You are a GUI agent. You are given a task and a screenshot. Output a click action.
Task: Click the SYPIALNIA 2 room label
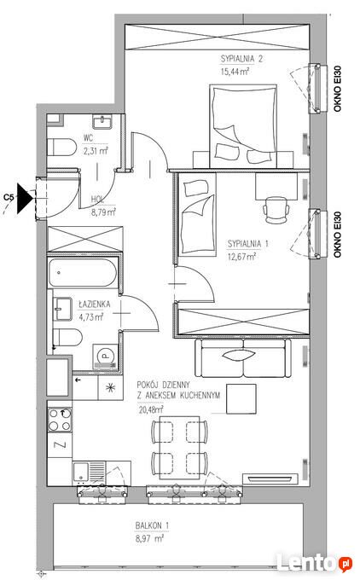(x=241, y=59)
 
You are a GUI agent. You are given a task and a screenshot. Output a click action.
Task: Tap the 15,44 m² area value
(x=235, y=71)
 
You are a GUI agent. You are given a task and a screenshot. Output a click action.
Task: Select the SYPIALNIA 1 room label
(x=248, y=244)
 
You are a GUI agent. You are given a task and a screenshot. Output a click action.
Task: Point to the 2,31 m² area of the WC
(x=96, y=151)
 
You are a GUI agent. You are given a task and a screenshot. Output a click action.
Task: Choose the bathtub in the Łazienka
(x=83, y=273)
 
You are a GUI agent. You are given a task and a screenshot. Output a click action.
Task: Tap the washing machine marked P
(x=106, y=357)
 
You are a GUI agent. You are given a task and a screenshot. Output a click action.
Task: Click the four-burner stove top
(x=60, y=419)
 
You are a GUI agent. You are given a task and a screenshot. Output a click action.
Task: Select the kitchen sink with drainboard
(x=90, y=473)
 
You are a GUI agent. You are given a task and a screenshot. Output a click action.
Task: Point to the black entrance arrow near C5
(x=25, y=199)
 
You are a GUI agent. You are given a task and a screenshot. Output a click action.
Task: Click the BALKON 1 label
(x=152, y=525)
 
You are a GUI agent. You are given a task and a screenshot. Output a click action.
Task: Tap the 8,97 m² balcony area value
(x=149, y=538)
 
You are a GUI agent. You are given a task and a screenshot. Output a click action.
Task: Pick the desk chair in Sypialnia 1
(x=276, y=209)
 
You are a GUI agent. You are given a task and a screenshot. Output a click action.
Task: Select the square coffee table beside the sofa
(x=241, y=399)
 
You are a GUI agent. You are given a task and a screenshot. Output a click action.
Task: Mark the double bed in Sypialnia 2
(x=243, y=126)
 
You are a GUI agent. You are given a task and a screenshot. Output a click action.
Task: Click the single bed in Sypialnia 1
(x=196, y=214)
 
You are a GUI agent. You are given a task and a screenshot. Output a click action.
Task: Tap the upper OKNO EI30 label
(x=338, y=89)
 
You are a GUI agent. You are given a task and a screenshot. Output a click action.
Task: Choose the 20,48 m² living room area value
(x=151, y=409)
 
